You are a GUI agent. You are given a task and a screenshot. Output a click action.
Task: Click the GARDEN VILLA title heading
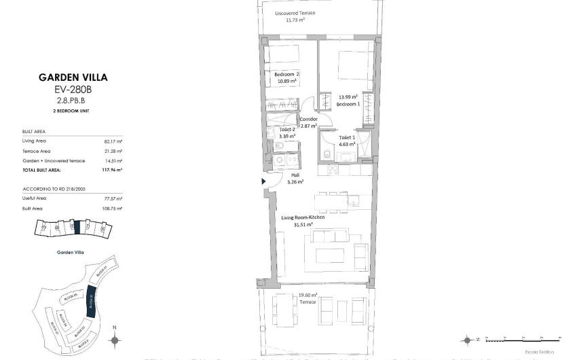click(73, 77)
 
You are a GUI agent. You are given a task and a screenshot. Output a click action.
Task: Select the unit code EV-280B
click(73, 89)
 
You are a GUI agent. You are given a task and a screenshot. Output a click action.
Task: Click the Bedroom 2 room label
click(287, 74)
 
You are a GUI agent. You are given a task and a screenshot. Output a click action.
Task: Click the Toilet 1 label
click(337, 137)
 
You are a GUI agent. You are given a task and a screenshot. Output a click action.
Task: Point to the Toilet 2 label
click(287, 129)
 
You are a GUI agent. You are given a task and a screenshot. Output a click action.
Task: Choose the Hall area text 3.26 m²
click(295, 182)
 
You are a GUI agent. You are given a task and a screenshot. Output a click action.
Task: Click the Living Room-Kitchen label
click(302, 217)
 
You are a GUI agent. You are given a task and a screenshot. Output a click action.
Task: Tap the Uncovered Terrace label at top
click(295, 13)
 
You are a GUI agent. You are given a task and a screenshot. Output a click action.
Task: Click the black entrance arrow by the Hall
click(264, 181)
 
